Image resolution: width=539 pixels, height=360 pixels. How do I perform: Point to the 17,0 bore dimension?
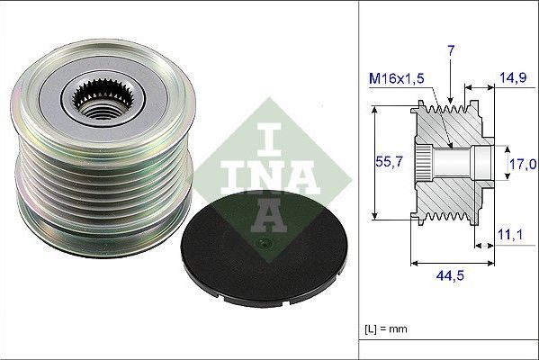point(524,164)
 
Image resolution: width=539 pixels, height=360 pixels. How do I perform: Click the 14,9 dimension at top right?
point(513,79)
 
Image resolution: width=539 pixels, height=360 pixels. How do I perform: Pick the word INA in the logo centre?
point(259,175)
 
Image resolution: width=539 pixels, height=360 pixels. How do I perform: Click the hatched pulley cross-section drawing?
point(450,162)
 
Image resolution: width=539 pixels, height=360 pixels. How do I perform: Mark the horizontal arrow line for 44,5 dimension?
point(450,264)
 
